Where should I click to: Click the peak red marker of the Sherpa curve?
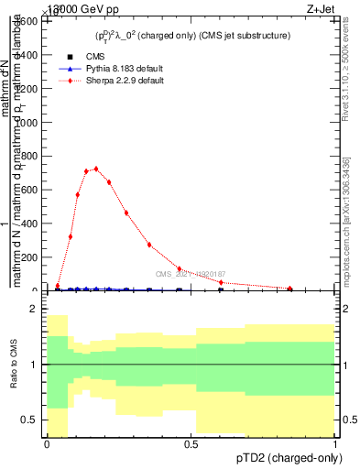point(96,169)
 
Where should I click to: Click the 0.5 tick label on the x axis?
point(191,444)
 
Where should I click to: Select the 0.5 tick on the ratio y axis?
point(32,420)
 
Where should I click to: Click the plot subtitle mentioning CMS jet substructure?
point(192,36)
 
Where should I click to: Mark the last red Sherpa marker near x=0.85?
point(290,289)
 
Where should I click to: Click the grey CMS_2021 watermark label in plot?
point(190,274)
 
